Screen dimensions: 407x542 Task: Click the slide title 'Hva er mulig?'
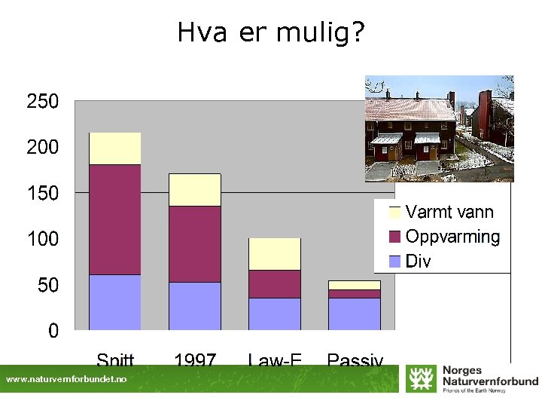click(x=271, y=32)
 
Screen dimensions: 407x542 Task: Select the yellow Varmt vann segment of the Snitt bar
click(x=115, y=148)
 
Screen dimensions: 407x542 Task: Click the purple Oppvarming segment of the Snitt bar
click(x=115, y=219)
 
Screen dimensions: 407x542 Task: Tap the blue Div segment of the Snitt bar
click(x=115, y=302)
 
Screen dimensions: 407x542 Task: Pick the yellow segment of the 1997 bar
click(x=195, y=190)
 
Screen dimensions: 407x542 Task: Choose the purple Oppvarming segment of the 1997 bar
click(x=195, y=244)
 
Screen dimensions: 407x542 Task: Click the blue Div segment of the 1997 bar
click(x=195, y=306)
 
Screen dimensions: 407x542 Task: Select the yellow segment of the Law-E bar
click(x=275, y=254)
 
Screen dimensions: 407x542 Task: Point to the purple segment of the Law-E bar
click(x=275, y=284)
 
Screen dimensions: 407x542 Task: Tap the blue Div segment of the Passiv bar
click(x=355, y=314)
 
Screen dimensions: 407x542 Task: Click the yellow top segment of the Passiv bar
click(x=355, y=285)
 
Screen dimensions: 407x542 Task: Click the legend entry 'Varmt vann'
click(x=449, y=213)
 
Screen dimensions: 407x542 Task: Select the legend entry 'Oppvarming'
click(x=452, y=237)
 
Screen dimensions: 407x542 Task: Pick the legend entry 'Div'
click(x=418, y=262)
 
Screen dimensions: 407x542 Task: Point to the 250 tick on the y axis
click(x=43, y=102)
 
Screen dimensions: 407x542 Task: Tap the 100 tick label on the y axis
click(x=43, y=240)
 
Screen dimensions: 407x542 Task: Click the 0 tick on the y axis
click(x=53, y=331)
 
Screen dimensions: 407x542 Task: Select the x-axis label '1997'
click(x=195, y=360)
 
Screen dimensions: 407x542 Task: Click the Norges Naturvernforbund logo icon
click(x=420, y=378)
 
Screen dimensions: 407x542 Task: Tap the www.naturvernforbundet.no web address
click(x=66, y=380)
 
